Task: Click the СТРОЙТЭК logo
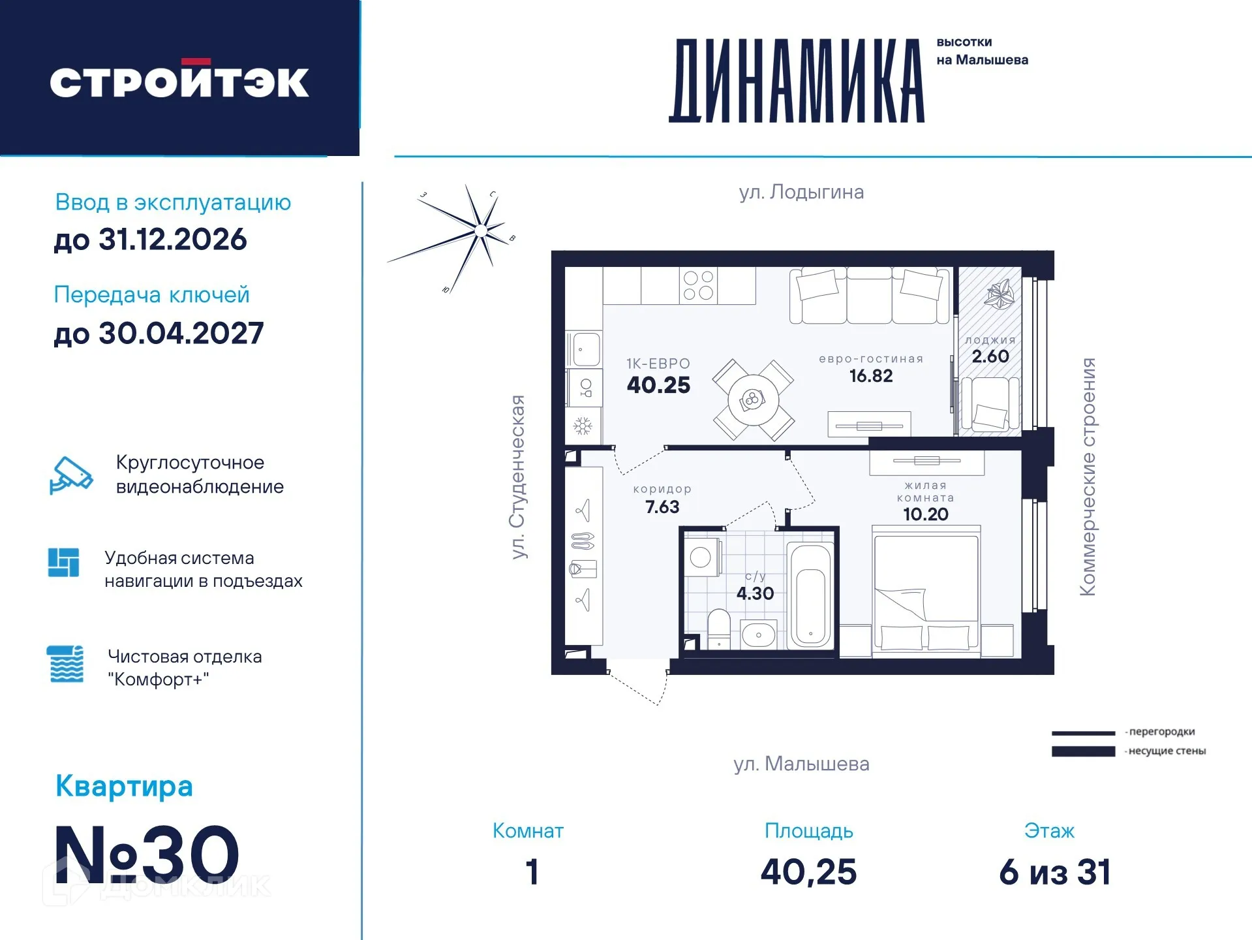coord(179,81)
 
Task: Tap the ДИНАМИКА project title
coord(797,82)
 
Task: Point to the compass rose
coord(480,230)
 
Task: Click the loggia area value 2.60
coord(990,356)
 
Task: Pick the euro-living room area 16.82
coord(870,376)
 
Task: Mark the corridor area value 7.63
coord(662,507)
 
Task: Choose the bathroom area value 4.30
coord(755,593)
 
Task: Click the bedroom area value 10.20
coord(925,514)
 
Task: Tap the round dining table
coord(753,400)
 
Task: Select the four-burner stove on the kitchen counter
coord(698,286)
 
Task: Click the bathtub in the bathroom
coord(810,595)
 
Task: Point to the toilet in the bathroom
coord(719,629)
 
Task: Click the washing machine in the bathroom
coord(702,557)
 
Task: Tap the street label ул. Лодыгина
coord(801,192)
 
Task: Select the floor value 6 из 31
coord(1054,872)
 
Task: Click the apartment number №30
coord(147,854)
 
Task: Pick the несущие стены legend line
coord(1083,751)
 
